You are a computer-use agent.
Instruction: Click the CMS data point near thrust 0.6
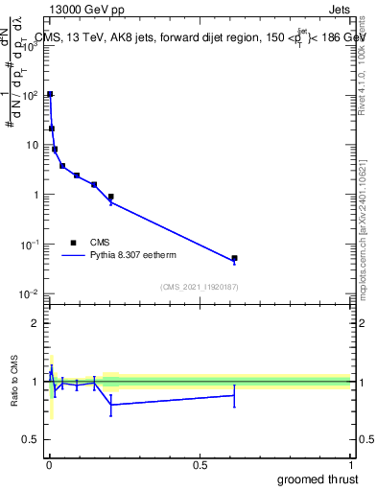click(x=234, y=258)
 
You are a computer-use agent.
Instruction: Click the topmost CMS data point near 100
click(x=50, y=95)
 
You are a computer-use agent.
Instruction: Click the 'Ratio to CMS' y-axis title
click(x=16, y=381)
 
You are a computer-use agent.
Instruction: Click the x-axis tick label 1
click(x=350, y=465)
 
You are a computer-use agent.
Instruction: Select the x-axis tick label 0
click(x=49, y=465)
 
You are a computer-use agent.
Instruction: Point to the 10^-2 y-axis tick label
click(x=32, y=293)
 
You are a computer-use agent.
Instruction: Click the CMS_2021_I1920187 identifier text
click(x=200, y=287)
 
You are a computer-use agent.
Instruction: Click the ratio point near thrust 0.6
click(x=234, y=395)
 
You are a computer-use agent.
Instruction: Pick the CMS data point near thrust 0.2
click(x=111, y=197)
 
